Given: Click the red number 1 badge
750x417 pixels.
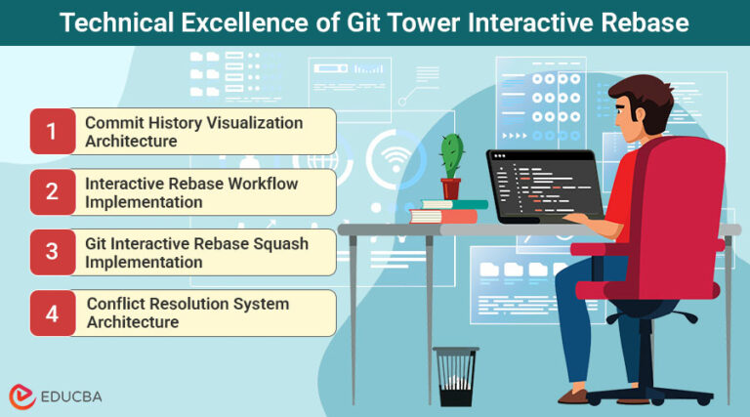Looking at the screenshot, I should [x=52, y=132].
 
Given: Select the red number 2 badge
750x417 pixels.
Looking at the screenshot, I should [x=52, y=192].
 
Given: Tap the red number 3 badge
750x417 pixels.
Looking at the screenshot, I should [x=52, y=253].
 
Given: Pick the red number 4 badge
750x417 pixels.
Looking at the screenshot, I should [x=52, y=313].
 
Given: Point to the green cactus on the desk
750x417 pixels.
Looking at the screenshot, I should [x=450, y=155].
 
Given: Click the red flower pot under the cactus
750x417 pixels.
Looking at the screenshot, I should [x=450, y=188].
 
